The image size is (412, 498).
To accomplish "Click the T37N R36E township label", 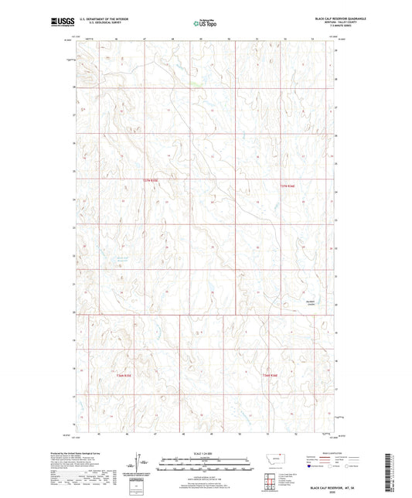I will pos(288,186).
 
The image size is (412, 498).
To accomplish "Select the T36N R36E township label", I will pos(271,376).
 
